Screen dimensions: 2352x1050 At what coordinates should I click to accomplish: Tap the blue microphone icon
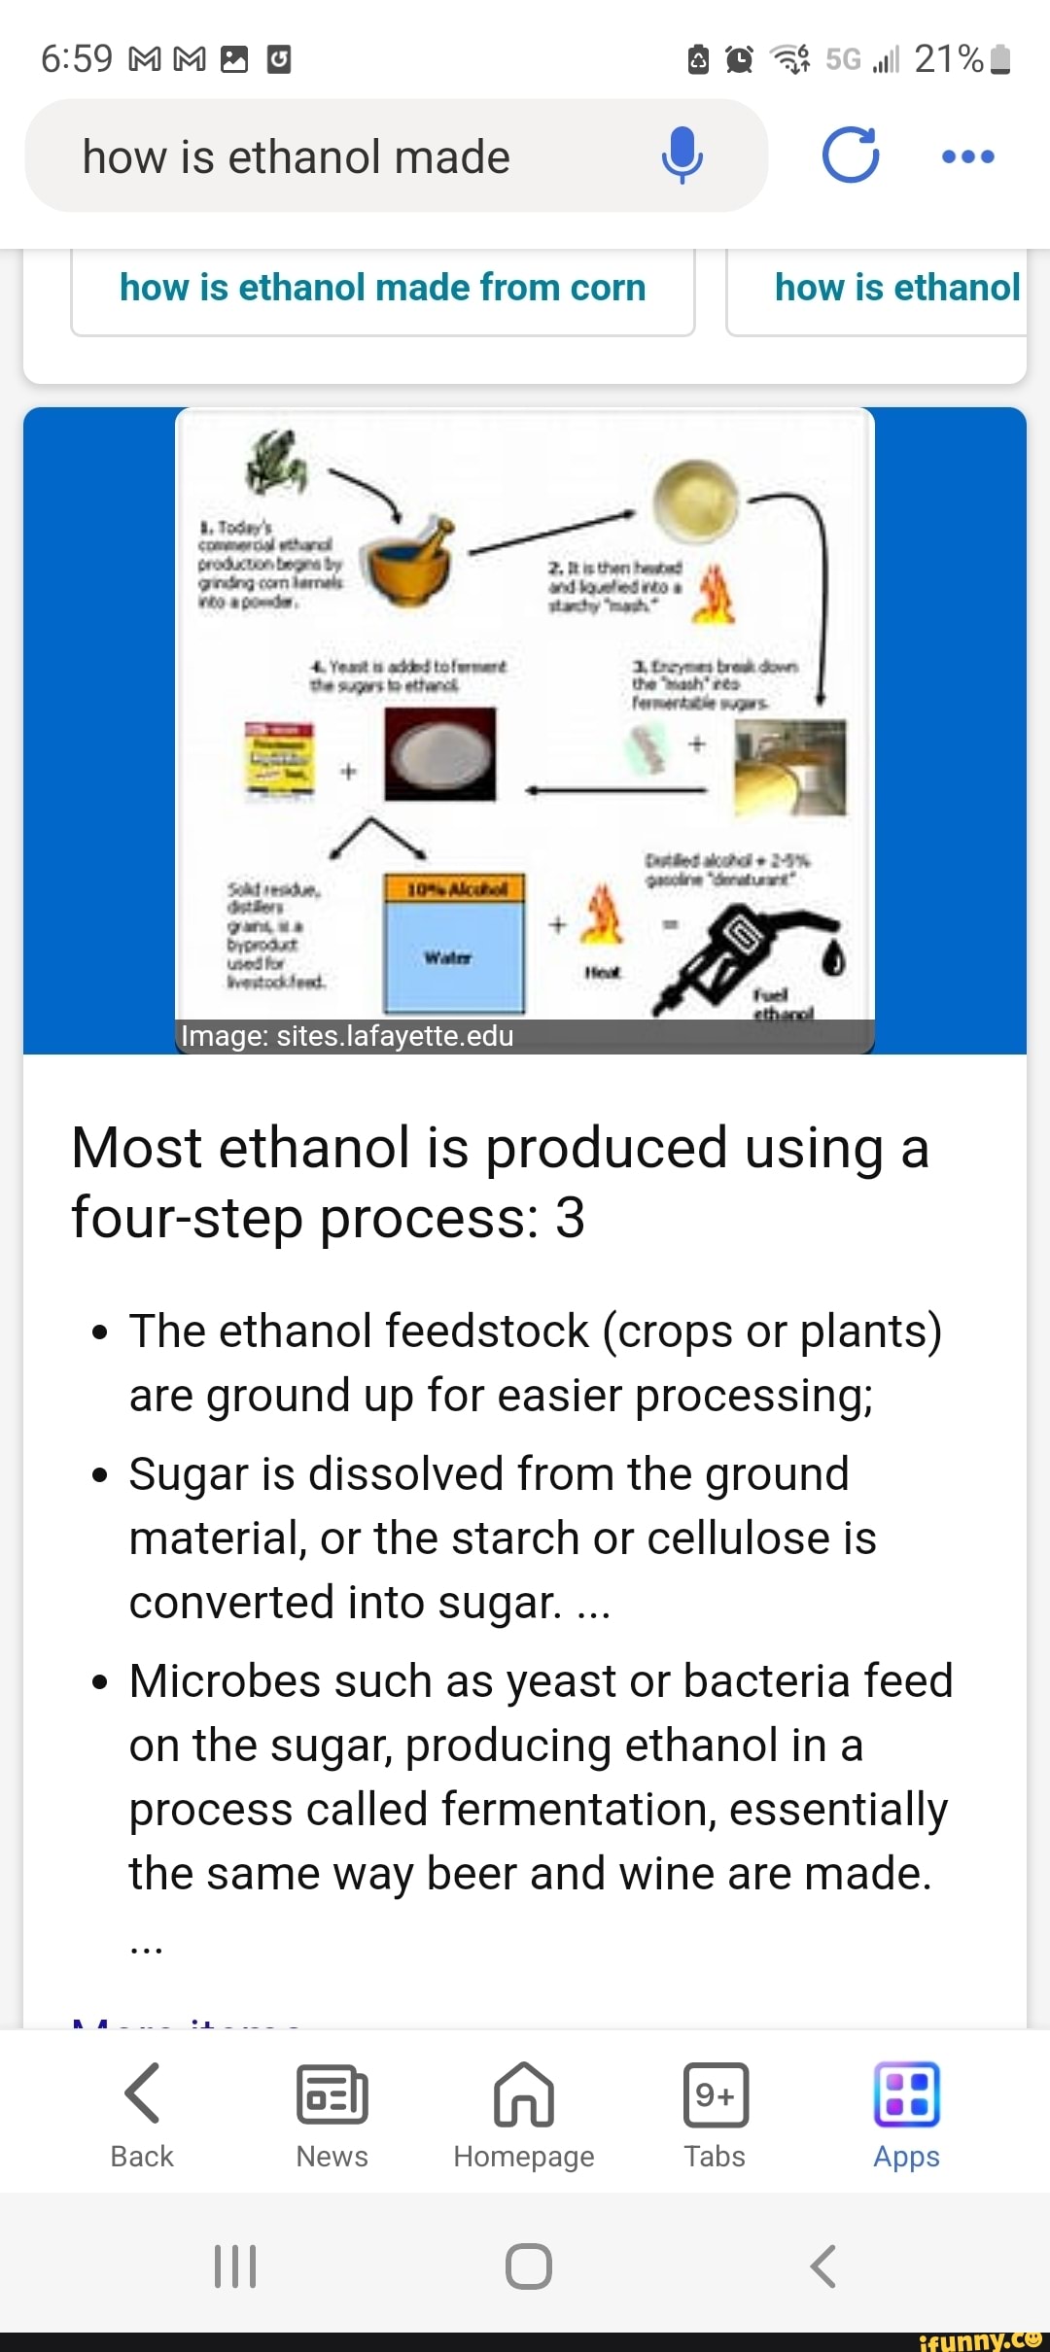682,156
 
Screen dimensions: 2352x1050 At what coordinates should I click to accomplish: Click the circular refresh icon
850,156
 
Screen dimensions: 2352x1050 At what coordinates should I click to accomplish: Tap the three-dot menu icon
968,156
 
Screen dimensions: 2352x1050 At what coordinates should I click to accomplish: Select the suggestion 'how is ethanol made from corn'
383,289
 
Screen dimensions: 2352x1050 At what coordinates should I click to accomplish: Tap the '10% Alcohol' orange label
455,888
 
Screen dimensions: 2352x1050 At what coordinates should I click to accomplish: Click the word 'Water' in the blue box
447,957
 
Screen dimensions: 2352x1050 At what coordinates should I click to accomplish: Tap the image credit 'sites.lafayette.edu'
395,1036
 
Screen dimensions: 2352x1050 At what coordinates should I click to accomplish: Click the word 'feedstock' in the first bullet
403,1331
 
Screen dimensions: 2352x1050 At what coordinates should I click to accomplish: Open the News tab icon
332,2093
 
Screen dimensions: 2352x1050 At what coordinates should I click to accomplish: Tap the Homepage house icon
524,2093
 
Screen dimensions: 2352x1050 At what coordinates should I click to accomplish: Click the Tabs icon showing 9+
715,2093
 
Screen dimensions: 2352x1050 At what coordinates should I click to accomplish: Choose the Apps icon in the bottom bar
906,2093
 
